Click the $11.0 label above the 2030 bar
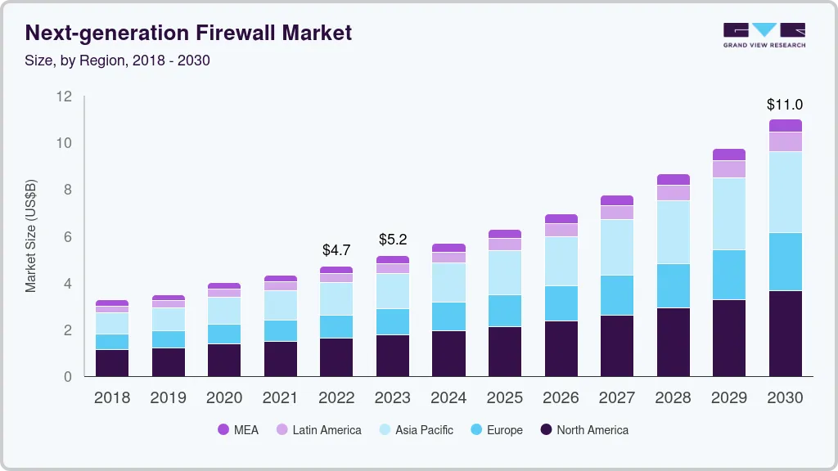tap(784, 105)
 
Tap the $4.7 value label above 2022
tap(336, 249)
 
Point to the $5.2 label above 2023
tap(393, 240)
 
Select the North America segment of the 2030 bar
tap(785, 333)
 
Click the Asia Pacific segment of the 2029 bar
tap(729, 213)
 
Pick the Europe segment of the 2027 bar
tap(616, 294)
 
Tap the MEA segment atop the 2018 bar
tap(112, 303)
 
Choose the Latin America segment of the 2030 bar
tap(785, 141)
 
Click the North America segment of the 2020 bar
tap(224, 360)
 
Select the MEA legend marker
tap(223, 430)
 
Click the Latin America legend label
tap(327, 430)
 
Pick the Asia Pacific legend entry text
tap(424, 430)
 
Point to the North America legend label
tap(592, 430)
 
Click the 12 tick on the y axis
tap(65, 96)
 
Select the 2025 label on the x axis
tap(505, 397)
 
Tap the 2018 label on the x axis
tap(112, 397)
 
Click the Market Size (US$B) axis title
tap(31, 235)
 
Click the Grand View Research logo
tap(764, 34)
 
